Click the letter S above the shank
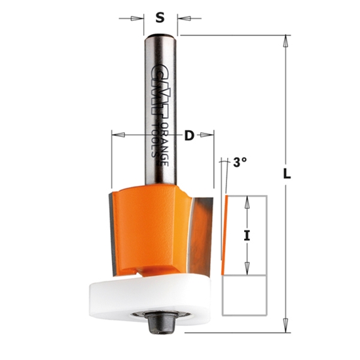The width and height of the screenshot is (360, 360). click(x=160, y=18)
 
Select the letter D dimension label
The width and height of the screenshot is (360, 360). click(x=189, y=135)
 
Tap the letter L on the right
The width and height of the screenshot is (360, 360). click(x=287, y=175)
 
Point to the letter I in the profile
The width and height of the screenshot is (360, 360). click(x=247, y=236)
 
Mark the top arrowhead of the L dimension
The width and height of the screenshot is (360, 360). click(x=285, y=41)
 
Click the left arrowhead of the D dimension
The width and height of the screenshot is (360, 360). click(x=117, y=135)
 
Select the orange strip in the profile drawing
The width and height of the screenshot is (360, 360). click(x=226, y=236)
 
